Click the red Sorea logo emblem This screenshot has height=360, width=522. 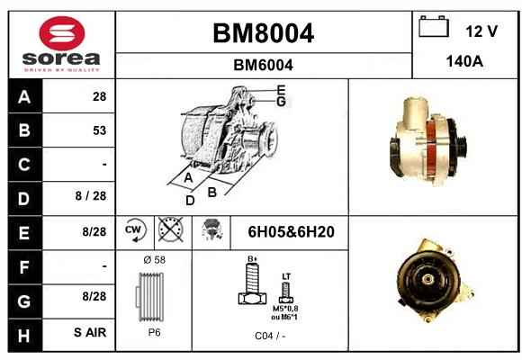click(62, 33)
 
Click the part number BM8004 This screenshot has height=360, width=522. click(263, 33)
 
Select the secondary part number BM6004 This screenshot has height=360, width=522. click(263, 65)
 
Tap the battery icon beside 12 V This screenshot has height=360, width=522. click(434, 26)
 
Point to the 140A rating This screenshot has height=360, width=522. click(464, 61)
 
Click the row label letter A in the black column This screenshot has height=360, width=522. click(24, 97)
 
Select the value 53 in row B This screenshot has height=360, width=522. click(100, 130)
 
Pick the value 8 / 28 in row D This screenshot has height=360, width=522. click(91, 196)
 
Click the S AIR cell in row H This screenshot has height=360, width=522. click(90, 332)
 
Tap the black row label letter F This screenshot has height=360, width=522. click(24, 267)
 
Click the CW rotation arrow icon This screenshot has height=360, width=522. click(134, 229)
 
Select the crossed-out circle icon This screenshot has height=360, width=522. click(170, 229)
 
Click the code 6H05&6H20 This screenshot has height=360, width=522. click(291, 232)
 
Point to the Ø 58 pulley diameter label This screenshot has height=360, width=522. click(154, 260)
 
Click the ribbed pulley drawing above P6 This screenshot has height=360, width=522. click(150, 297)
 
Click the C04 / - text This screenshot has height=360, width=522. click(270, 336)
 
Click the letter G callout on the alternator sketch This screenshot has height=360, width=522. click(282, 101)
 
